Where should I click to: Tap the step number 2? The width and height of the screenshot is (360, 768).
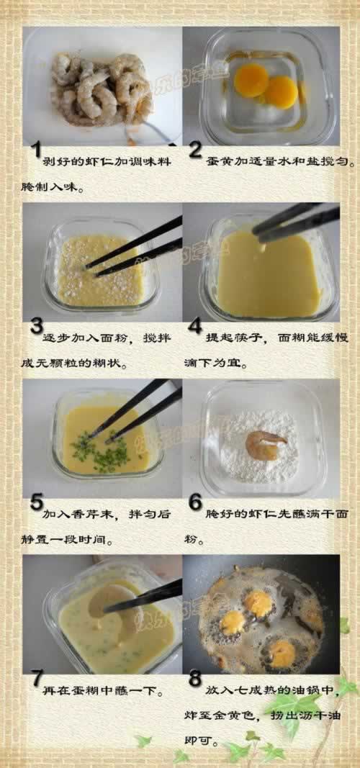(195, 150)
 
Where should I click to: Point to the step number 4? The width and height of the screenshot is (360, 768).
(195, 327)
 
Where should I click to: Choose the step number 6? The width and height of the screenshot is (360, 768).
(195, 502)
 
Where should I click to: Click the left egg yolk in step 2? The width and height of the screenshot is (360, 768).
(251, 79)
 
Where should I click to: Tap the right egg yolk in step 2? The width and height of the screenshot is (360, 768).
(281, 91)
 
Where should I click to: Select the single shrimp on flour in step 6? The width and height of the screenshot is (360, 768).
(264, 445)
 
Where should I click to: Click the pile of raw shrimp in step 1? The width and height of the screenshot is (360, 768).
(101, 90)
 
